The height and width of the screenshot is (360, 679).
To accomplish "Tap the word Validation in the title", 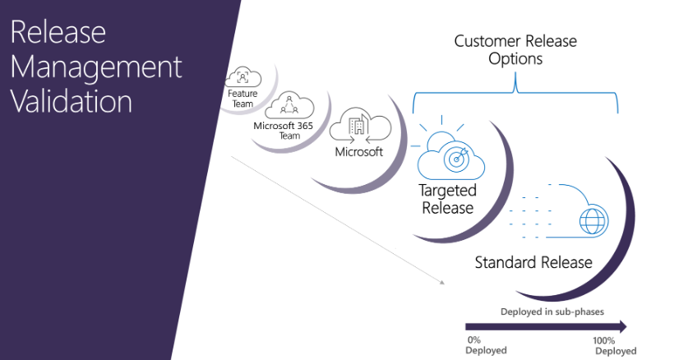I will tap(72, 101).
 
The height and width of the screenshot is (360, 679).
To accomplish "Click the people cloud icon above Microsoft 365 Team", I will tap(289, 106).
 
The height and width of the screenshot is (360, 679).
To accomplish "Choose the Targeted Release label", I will tap(448, 200).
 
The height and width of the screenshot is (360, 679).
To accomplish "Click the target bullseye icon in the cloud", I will tap(454, 158).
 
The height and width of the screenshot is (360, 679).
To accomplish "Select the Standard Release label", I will tap(533, 262).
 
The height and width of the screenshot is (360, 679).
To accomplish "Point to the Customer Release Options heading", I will tap(515, 49).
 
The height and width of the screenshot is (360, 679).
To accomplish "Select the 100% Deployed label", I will tap(614, 345).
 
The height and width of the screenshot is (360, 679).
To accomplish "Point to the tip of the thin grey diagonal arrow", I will tap(443, 284).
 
